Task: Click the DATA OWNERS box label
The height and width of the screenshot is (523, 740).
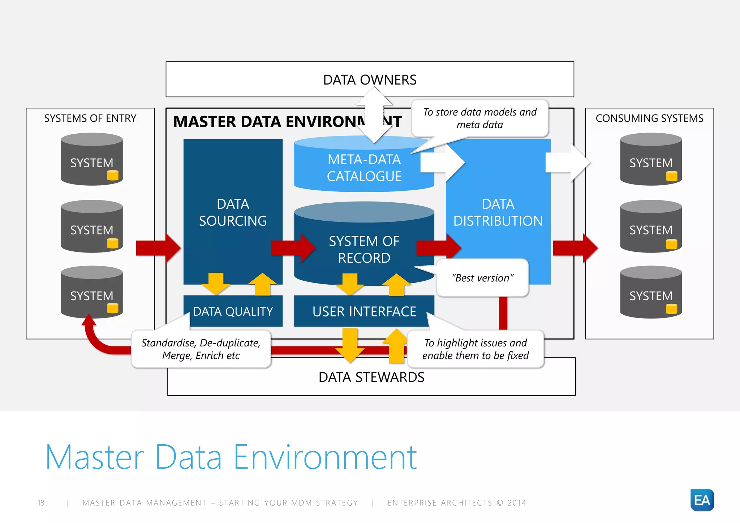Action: (370, 80)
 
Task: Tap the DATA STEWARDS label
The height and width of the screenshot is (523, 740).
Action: (371, 377)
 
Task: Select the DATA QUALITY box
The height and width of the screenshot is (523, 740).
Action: (233, 311)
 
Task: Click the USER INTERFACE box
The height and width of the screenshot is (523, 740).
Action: (364, 311)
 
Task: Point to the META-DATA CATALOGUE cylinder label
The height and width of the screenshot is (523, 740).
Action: (364, 168)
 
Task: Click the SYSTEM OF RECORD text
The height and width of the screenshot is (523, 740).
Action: (364, 250)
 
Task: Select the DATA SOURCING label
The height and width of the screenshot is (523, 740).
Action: (233, 212)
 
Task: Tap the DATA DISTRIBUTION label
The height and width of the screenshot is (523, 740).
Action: (498, 212)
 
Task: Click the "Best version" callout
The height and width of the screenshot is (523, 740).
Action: (482, 278)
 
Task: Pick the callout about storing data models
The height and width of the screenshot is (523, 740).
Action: (479, 118)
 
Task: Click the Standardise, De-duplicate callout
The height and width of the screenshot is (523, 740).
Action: (201, 349)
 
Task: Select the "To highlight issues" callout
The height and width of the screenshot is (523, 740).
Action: (475, 349)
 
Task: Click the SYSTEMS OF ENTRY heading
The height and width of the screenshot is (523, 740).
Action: (90, 118)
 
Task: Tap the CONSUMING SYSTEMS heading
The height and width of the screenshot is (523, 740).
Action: (649, 118)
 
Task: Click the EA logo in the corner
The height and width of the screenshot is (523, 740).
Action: (702, 500)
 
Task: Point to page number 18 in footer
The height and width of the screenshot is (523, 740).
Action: (41, 503)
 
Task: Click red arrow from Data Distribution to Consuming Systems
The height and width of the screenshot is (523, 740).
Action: (575, 248)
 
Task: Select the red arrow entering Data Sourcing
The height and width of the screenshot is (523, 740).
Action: (158, 248)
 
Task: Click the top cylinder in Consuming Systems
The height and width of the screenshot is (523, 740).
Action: (651, 160)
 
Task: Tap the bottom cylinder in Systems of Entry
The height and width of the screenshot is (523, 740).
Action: (92, 293)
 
